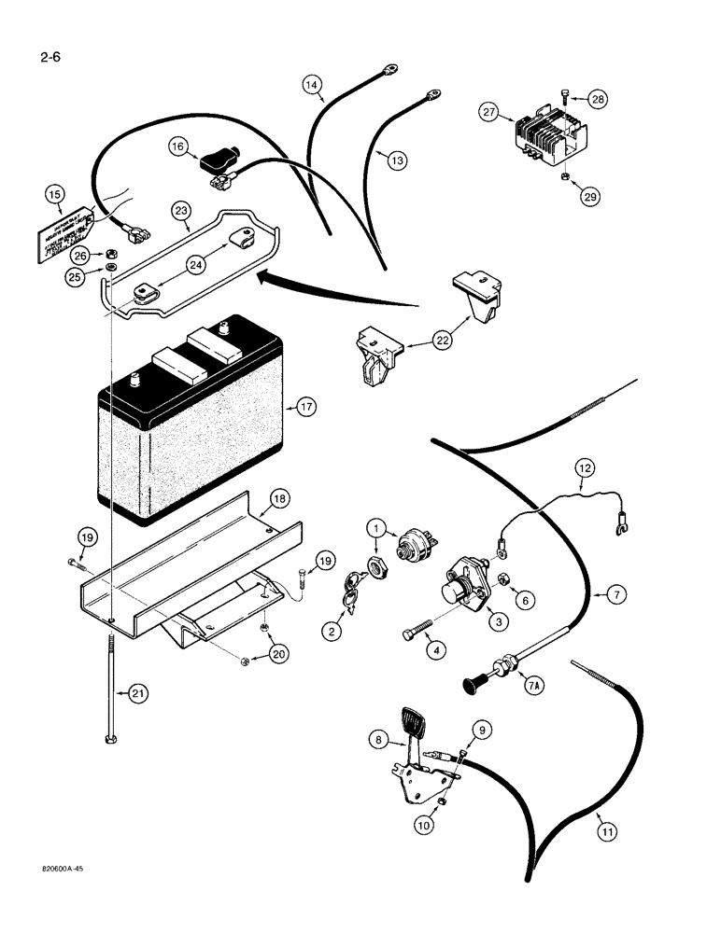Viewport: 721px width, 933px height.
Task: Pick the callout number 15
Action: point(55,195)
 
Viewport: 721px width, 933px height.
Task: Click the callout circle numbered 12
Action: point(585,466)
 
